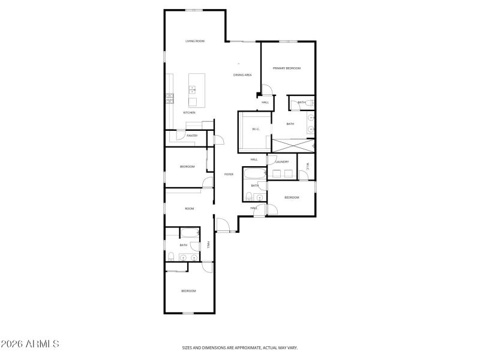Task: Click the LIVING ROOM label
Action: pyautogui.click(x=195, y=41)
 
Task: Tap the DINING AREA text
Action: pyautogui.click(x=242, y=75)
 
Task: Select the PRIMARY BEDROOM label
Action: pyautogui.click(x=286, y=68)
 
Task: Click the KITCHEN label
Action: pyautogui.click(x=189, y=113)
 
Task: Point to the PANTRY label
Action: pyautogui.click(x=192, y=136)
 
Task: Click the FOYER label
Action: pyautogui.click(x=229, y=175)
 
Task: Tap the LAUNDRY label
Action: pyautogui.click(x=282, y=162)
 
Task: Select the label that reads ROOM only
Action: pyautogui.click(x=190, y=208)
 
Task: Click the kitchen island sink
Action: pyautogui.click(x=193, y=90)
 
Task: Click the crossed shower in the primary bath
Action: pyautogui.click(x=293, y=145)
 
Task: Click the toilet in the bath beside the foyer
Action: pyautogui.click(x=250, y=196)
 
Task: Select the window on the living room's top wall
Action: pyautogui.click(x=194, y=10)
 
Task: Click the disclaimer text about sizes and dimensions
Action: pyautogui.click(x=240, y=347)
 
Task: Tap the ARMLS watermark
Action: pyautogui.click(x=30, y=344)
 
